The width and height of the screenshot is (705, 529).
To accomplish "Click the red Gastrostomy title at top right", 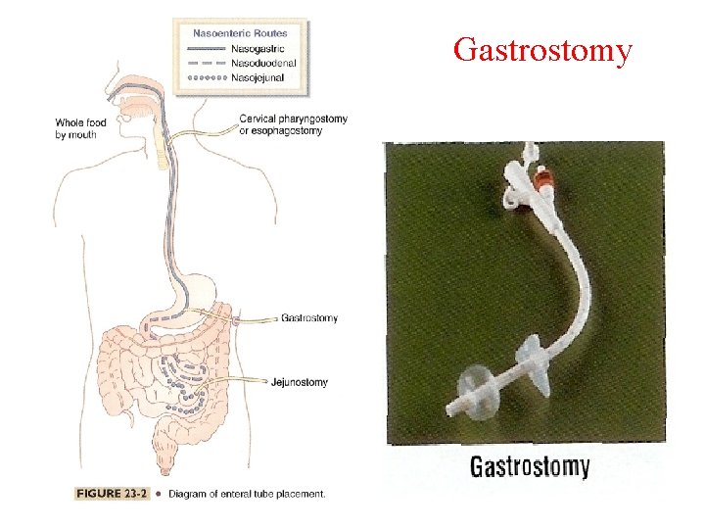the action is tap(542, 49).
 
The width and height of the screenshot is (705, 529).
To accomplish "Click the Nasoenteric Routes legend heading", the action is tap(240, 33).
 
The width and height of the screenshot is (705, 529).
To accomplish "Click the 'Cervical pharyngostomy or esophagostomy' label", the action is tap(293, 124).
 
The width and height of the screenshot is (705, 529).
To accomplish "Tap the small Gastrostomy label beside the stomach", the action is tap(308, 318).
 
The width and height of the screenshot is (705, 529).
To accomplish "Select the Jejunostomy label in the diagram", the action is tap(299, 382).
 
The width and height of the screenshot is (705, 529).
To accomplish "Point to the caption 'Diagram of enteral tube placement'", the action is tap(246, 494).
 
